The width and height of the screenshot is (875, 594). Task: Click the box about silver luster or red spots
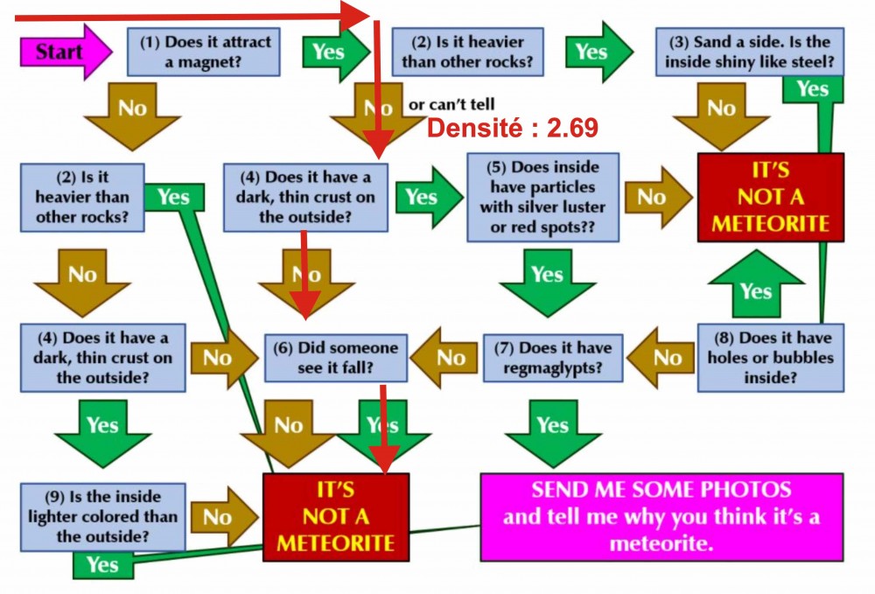pos(542,198)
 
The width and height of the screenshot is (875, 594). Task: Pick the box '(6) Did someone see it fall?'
pos(336,358)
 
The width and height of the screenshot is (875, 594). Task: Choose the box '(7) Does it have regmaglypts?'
pos(553,358)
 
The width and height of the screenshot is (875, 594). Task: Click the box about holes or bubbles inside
pos(771,358)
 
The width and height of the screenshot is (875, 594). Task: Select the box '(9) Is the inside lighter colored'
pos(103,516)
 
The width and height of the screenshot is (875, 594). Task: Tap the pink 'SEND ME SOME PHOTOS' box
pos(661,516)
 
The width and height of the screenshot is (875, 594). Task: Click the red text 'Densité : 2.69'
pos(513,129)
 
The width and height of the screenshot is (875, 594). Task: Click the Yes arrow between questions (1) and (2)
pos(332,52)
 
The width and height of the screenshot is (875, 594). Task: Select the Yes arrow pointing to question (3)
pos(597,52)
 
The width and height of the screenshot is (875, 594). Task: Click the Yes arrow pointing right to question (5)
pos(425,198)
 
